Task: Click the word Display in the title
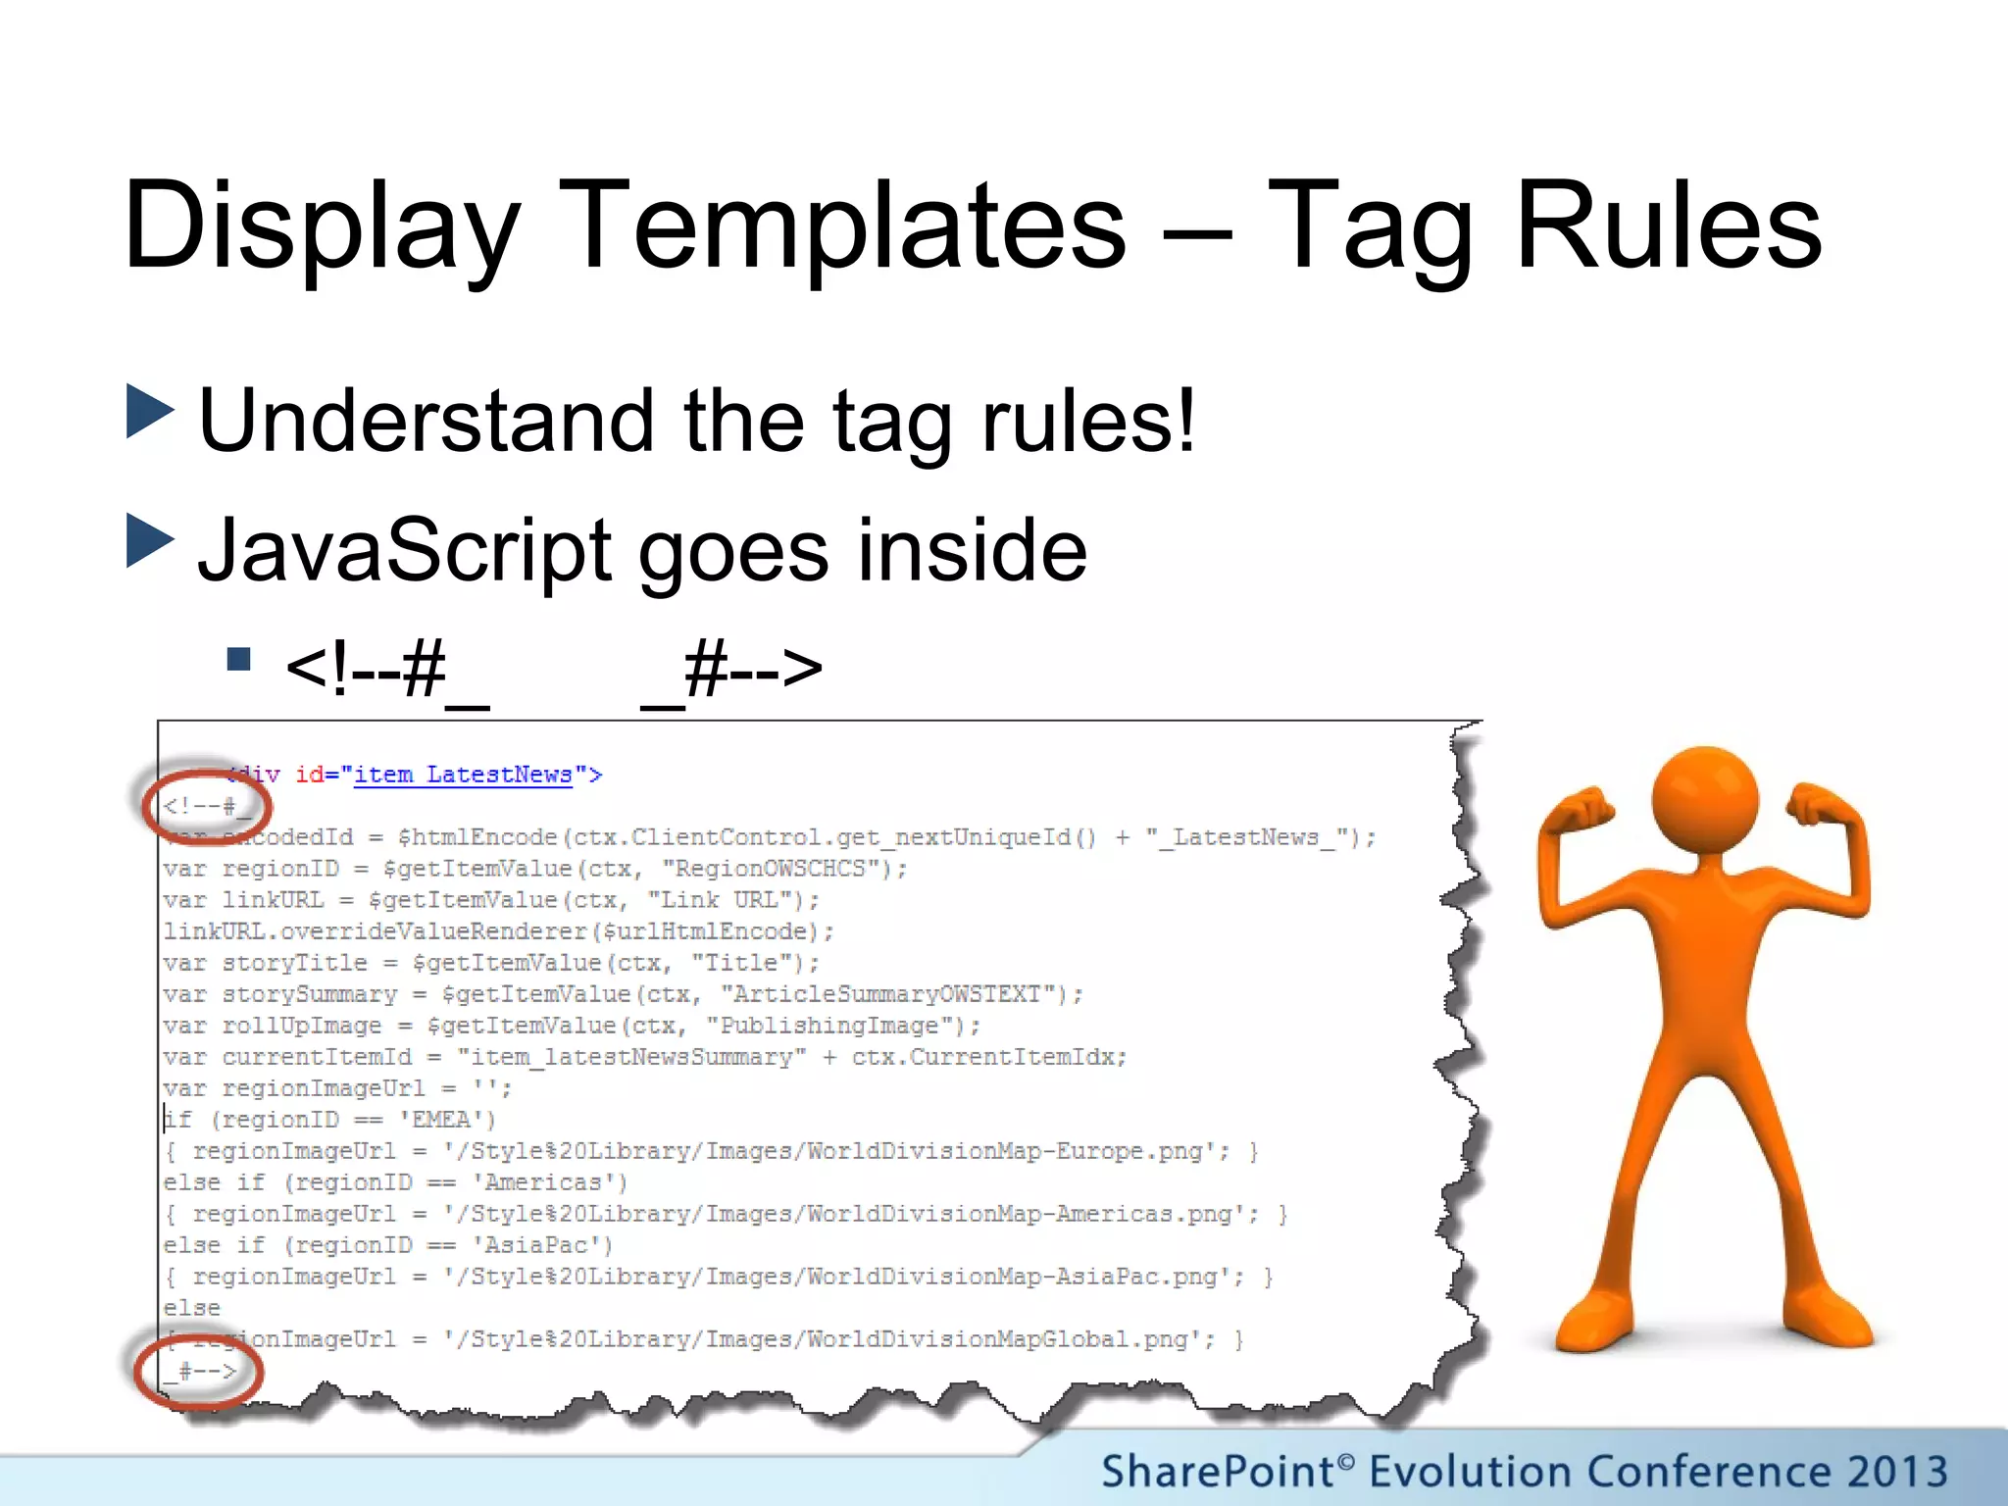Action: click(322, 227)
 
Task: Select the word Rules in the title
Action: click(1669, 227)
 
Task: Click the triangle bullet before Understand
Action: click(150, 412)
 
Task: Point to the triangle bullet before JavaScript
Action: click(150, 541)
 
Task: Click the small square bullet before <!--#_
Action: click(238, 659)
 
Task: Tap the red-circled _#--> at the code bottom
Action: click(200, 1371)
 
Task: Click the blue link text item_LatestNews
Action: click(463, 775)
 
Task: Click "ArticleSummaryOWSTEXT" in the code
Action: click(892, 994)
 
